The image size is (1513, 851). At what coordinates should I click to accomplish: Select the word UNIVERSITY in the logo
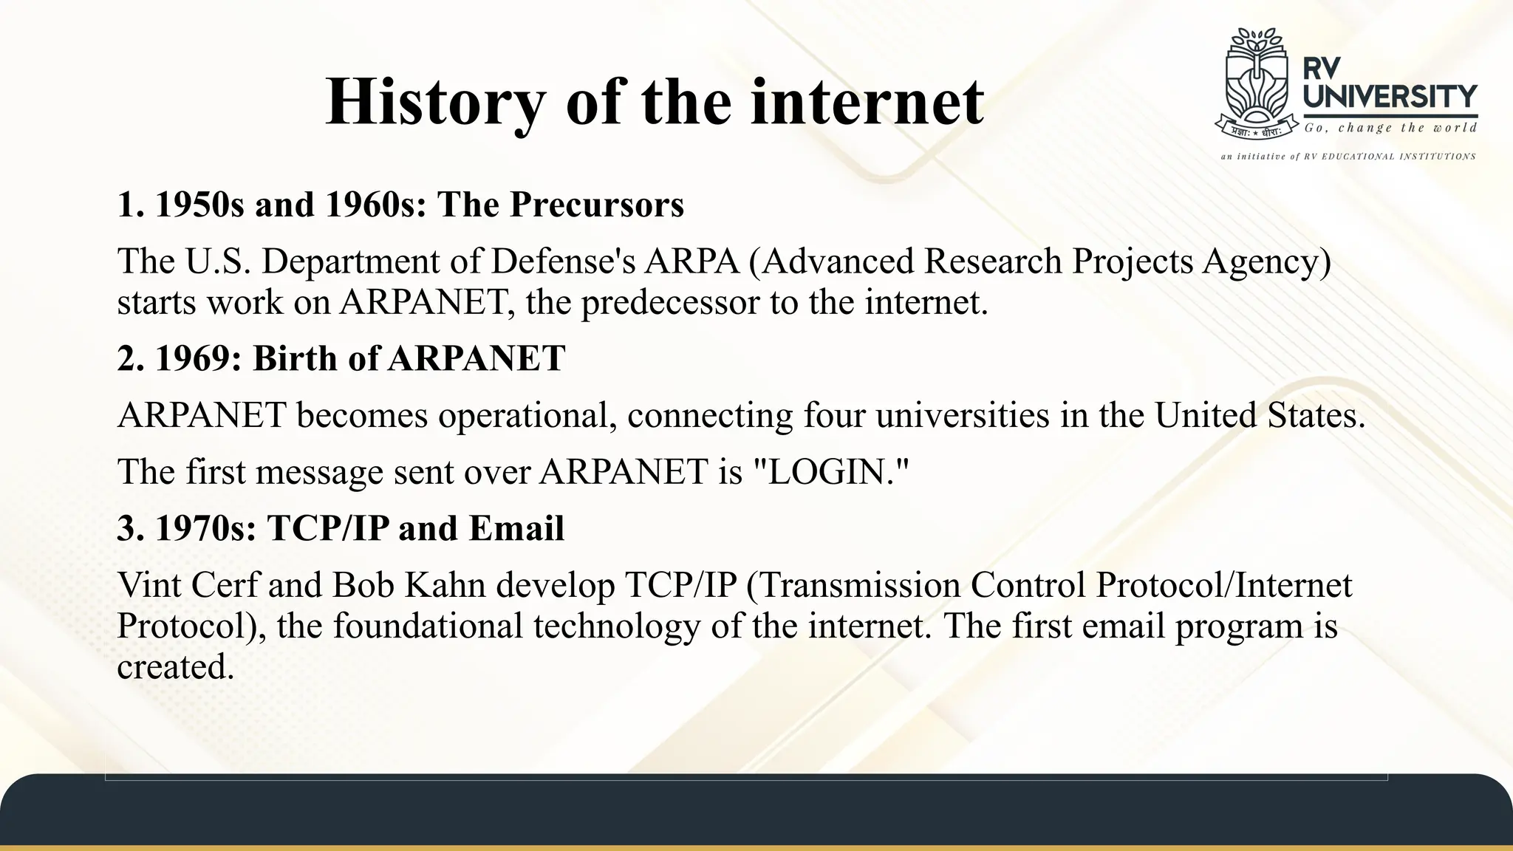click(x=1390, y=97)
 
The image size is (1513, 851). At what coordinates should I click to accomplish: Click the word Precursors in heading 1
click(x=597, y=205)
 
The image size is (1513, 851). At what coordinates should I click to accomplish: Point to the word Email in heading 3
click(x=516, y=529)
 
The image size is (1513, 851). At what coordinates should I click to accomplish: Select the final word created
click(x=175, y=667)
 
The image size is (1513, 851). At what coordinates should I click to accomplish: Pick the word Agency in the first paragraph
click(x=1266, y=262)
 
